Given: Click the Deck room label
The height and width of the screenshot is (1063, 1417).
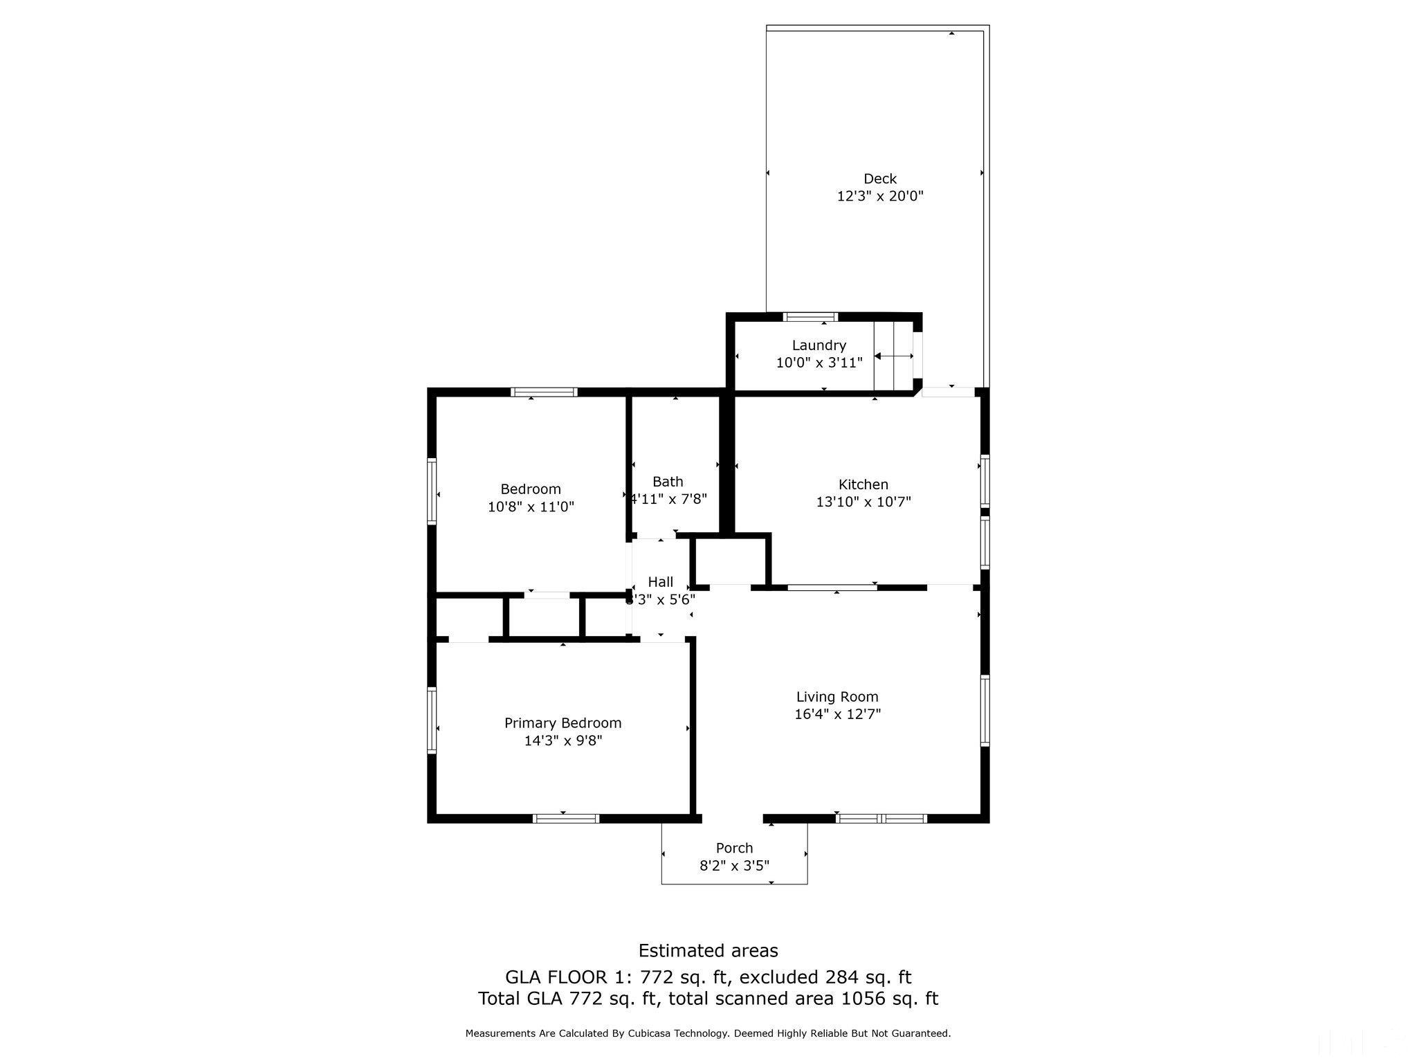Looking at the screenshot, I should (879, 179).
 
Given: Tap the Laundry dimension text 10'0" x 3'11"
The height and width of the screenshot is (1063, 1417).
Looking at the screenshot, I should (819, 363).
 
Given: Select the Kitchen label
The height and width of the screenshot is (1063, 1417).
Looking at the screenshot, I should (863, 484).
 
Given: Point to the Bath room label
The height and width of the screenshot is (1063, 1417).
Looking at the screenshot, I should (668, 482).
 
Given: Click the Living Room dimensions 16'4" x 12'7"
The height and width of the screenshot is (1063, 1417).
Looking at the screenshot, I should (837, 714).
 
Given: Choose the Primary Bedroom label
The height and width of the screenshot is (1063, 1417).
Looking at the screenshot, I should (563, 723).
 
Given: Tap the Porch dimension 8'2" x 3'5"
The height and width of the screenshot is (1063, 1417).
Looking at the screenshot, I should (734, 865).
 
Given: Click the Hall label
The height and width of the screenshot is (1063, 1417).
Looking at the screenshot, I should (660, 582).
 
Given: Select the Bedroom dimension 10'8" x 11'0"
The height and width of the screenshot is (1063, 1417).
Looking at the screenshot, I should (531, 507).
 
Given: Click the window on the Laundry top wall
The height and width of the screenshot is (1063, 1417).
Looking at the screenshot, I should (810, 317).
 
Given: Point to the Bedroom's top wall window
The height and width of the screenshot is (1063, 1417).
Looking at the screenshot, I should (544, 392).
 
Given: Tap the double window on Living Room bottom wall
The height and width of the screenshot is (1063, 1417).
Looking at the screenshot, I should (881, 818).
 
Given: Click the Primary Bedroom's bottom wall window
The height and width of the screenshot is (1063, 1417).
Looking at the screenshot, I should (566, 818).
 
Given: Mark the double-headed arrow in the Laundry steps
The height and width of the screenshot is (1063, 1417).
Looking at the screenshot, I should (894, 356).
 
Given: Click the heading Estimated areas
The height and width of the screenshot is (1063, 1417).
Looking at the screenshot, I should (708, 950).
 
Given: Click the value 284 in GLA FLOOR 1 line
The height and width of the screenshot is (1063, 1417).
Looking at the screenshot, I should (841, 977).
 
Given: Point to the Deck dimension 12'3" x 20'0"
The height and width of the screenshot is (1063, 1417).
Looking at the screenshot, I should (879, 197).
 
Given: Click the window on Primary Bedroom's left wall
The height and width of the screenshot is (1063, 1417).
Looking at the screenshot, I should (432, 720).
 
